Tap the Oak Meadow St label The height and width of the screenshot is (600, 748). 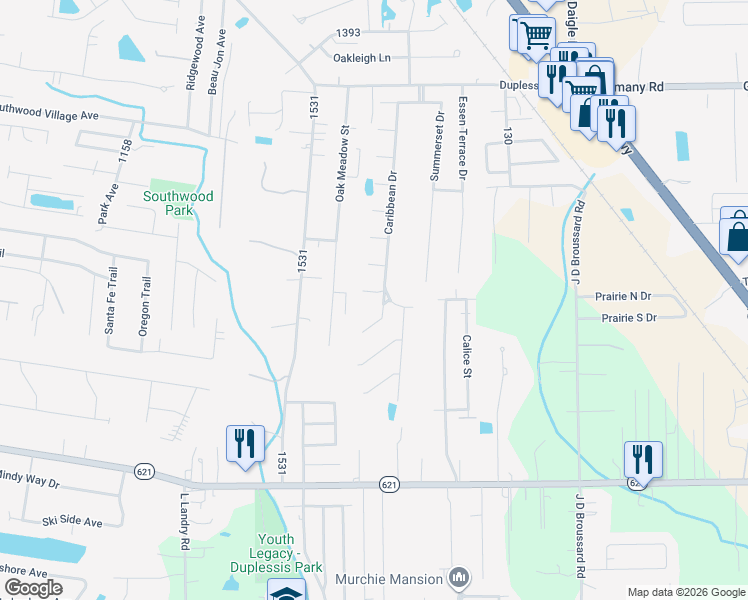point(341,163)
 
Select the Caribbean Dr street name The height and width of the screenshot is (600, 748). point(392,202)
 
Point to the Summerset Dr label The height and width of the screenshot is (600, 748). point(436,147)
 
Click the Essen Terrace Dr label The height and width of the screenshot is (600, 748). point(462,139)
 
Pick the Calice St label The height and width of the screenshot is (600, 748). point(466,356)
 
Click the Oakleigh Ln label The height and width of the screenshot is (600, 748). point(362,58)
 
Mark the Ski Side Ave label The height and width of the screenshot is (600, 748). point(72,522)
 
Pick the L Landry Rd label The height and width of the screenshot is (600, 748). point(185,524)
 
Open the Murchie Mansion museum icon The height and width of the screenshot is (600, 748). point(459,578)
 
